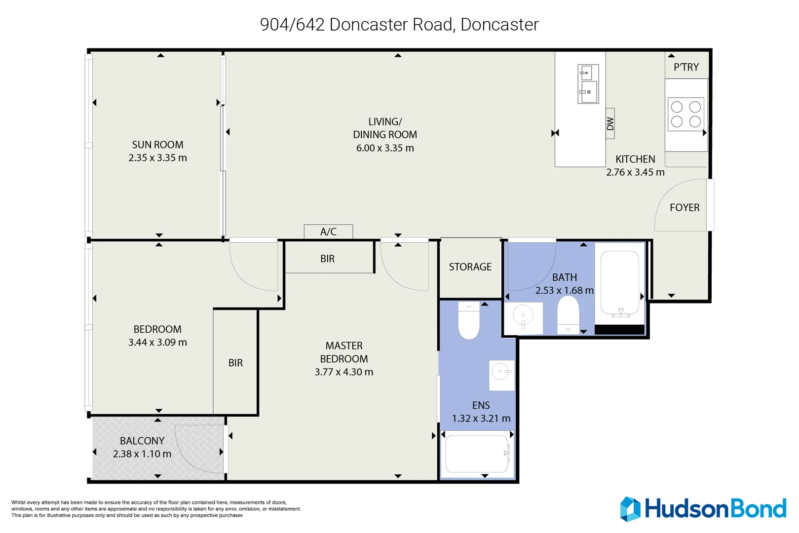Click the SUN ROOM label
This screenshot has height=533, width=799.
pyautogui.click(x=157, y=145)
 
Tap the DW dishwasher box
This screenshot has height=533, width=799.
pyautogui.click(x=610, y=123)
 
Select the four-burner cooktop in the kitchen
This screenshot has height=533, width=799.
pyautogui.click(x=685, y=114)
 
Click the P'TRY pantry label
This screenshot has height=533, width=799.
pyautogui.click(x=686, y=67)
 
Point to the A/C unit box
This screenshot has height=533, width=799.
pyautogui.click(x=328, y=231)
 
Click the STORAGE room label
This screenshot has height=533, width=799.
pyautogui.click(x=470, y=267)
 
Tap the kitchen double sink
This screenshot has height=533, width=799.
pyautogui.click(x=588, y=84)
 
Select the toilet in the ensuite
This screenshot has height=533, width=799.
pyautogui.click(x=469, y=320)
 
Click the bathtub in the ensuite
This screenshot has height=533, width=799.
pyautogui.click(x=477, y=454)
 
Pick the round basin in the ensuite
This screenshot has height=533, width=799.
pyautogui.click(x=501, y=371)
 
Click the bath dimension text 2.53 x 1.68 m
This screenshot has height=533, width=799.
pyautogui.click(x=564, y=291)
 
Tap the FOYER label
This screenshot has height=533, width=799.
pyautogui.click(x=685, y=208)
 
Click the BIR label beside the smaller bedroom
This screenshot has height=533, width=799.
pyautogui.click(x=235, y=363)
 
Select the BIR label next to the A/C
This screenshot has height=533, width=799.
pyautogui.click(x=327, y=259)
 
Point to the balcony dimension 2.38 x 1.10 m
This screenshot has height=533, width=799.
pyautogui.click(x=142, y=454)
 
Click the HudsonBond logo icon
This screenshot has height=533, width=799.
pyautogui.click(x=630, y=509)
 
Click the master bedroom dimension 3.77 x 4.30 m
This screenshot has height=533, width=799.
pyautogui.click(x=344, y=372)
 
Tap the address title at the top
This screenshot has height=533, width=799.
pyautogui.click(x=399, y=24)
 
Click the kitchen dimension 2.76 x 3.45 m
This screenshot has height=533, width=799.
pyautogui.click(x=635, y=172)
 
